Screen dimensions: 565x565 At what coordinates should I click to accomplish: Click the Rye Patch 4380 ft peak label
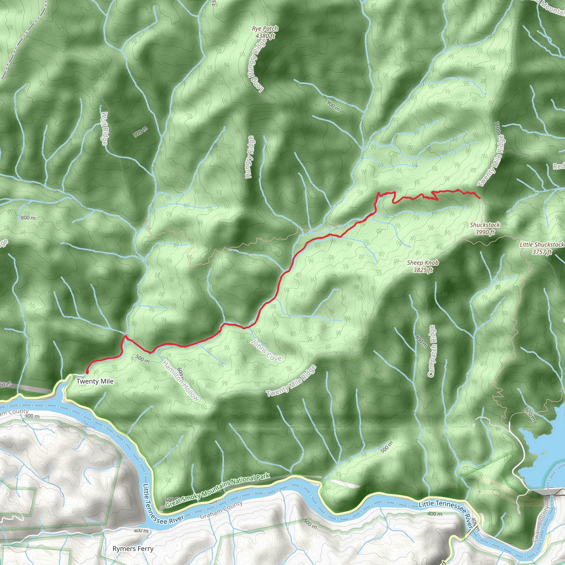pyautogui.click(x=265, y=32)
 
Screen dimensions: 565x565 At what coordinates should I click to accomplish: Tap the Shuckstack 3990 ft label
pyautogui.click(x=484, y=228)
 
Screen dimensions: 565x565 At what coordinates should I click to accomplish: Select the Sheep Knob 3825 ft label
pyautogui.click(x=423, y=266)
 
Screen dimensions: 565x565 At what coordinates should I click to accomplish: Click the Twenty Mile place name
pyautogui.click(x=95, y=381)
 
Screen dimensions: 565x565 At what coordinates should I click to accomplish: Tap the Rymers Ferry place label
pyautogui.click(x=133, y=549)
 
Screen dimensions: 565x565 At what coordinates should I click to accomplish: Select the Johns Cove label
pyautogui.click(x=266, y=350)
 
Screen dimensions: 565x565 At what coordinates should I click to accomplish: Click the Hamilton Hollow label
pyautogui.click(x=180, y=380)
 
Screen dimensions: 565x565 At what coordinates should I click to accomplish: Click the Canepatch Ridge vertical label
pyautogui.click(x=432, y=351)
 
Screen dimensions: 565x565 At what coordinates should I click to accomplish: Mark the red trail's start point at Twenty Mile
pyautogui.click(x=87, y=372)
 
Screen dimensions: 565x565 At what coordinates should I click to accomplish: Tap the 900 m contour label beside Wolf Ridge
pyautogui.click(x=141, y=132)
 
